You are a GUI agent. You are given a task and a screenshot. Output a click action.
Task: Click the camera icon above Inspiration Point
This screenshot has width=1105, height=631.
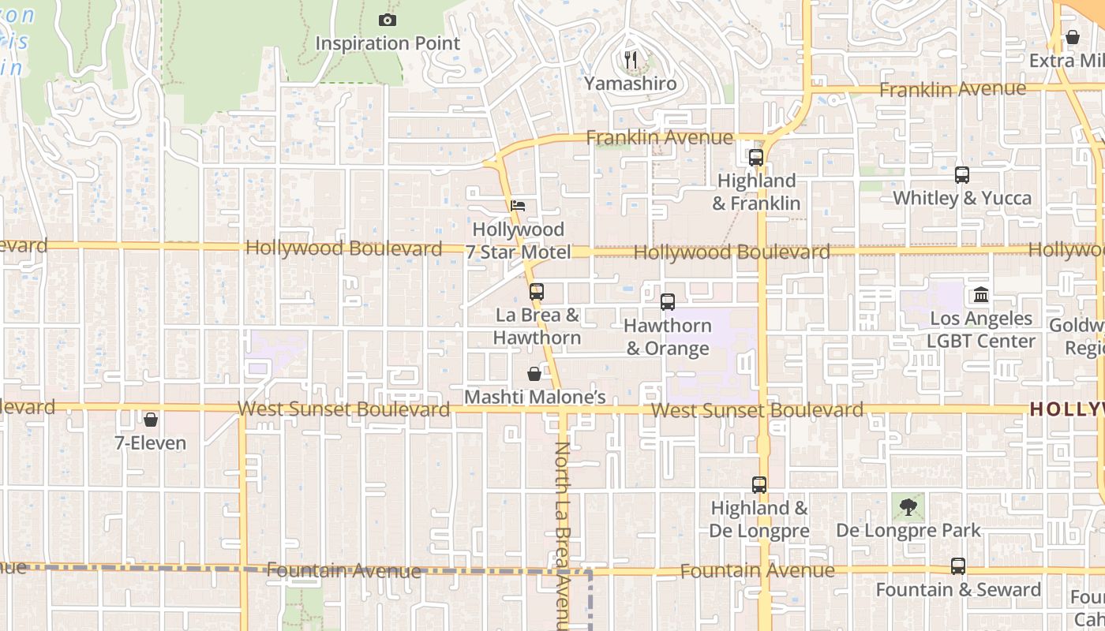[387, 21]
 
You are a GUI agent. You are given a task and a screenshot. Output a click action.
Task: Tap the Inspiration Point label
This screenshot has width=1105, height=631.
[388, 43]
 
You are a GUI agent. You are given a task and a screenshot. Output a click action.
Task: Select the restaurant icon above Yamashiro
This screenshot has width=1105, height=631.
[631, 60]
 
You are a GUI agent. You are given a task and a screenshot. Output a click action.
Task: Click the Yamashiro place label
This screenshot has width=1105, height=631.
[631, 83]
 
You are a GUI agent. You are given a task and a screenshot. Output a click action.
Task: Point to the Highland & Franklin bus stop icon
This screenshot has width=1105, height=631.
[756, 158]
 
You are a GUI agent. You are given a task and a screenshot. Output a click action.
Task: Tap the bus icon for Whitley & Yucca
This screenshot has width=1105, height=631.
[961, 175]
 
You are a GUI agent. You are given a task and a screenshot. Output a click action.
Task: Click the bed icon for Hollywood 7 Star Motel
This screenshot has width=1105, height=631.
[518, 206]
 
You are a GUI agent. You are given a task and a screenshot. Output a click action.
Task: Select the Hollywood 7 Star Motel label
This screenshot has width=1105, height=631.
[519, 241]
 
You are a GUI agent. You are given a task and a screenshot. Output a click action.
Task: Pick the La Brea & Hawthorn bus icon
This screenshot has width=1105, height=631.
[537, 292]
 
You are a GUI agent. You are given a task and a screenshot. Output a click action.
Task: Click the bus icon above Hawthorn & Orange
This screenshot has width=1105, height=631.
[668, 301]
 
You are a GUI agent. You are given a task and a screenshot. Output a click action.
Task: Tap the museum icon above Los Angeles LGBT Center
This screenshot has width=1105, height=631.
[981, 295]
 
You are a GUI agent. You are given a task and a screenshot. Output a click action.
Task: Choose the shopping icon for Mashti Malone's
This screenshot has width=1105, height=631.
[534, 374]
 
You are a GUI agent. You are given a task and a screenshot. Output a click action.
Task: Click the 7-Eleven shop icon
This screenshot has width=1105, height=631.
[151, 420]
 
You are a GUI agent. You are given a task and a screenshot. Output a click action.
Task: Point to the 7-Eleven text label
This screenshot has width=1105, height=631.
[151, 443]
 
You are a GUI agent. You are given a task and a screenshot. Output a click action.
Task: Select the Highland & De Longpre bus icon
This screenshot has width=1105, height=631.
[759, 485]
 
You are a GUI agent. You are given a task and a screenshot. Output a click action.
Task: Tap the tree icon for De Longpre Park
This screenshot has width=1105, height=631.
[908, 507]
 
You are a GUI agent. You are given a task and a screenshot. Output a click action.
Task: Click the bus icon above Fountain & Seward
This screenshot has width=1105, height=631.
[958, 566]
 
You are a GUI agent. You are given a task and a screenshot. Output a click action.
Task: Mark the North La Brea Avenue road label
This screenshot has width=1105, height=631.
[562, 536]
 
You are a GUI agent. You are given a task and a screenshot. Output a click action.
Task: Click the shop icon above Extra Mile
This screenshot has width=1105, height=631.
[1073, 37]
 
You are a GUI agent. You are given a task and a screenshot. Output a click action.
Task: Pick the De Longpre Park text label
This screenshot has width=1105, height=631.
[908, 530]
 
